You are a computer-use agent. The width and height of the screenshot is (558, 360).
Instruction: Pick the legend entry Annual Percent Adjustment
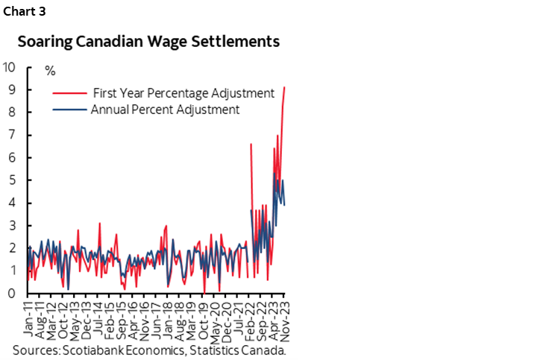coord(164,109)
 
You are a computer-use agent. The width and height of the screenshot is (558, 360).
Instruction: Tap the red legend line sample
coord(68,93)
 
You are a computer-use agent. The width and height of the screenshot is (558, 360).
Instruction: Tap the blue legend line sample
coord(68,109)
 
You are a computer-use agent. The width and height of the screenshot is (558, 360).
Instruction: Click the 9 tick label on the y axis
coord(13,89)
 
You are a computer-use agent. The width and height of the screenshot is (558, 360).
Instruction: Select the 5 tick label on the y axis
coord(13,180)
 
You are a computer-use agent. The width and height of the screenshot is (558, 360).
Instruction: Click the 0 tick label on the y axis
coord(13,294)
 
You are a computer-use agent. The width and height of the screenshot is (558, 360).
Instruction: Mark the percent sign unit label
coord(50,72)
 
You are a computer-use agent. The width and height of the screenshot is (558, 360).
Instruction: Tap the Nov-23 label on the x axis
coord(286,319)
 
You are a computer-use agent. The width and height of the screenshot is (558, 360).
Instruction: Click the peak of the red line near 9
coord(284,87)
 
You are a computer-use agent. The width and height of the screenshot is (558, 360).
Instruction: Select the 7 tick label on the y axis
coord(13,135)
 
